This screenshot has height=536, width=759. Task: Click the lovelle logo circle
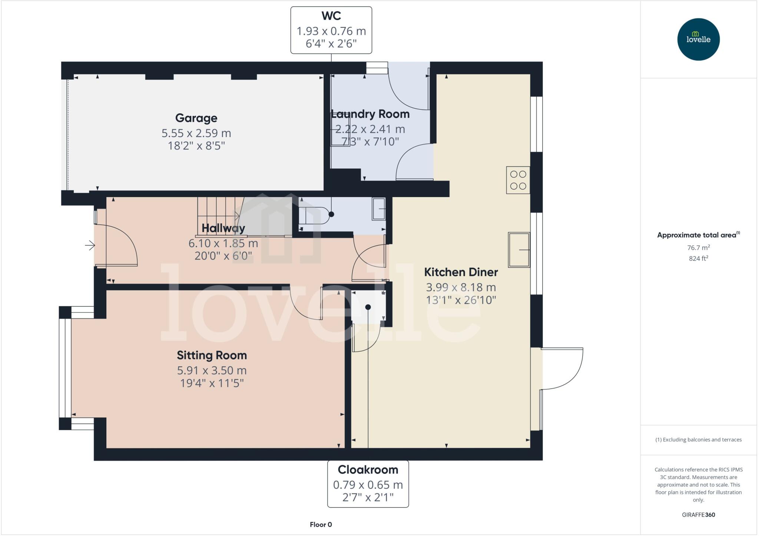(698, 39)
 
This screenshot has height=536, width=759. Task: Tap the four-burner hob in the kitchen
(518, 180)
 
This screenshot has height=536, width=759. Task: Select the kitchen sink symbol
(518, 250)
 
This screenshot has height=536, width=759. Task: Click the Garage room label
(196, 118)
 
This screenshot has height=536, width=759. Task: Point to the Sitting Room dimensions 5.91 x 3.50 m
(212, 370)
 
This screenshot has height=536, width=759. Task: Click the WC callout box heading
(331, 16)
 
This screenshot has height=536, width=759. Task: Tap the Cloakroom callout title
(368, 470)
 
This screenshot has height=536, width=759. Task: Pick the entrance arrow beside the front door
(90, 245)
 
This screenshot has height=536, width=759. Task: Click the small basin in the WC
(379, 209)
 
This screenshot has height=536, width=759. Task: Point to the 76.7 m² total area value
(698, 247)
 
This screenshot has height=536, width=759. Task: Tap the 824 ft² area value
(698, 259)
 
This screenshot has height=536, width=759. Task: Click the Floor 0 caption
(321, 525)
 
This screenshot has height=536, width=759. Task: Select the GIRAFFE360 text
(698, 515)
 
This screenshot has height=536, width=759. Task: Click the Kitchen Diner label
(461, 272)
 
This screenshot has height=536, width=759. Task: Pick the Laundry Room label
(370, 114)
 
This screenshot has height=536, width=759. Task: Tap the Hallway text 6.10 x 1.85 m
(223, 243)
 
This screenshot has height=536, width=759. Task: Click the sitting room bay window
(65, 368)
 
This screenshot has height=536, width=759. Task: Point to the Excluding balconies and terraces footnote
(698, 440)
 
